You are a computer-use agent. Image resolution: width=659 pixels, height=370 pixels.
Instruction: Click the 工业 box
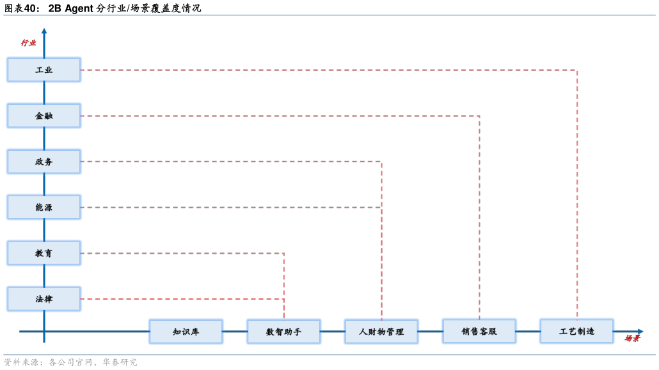point(44,70)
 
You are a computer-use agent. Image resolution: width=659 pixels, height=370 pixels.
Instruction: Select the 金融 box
point(44,116)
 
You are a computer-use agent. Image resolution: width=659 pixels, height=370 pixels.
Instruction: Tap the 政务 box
point(44,162)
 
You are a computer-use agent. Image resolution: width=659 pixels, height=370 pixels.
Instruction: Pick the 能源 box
point(44,207)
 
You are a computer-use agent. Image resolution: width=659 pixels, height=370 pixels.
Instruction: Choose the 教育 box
point(44,253)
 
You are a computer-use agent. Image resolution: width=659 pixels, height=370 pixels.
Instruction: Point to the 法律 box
point(44,299)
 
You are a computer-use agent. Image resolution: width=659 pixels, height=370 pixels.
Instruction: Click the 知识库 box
point(186,332)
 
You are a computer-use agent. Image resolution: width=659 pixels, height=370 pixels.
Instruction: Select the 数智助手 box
point(283,332)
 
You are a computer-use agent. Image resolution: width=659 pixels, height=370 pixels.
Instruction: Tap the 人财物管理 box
point(381,332)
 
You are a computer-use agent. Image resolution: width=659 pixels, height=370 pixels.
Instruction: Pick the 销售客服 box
point(479,332)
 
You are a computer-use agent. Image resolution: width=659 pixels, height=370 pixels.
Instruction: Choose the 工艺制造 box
point(576,331)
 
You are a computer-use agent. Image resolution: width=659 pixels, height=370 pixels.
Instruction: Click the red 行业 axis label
point(28,43)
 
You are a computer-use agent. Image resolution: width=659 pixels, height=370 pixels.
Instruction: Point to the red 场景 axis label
point(632,338)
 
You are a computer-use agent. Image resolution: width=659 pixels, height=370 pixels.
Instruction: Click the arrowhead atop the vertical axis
point(44,30)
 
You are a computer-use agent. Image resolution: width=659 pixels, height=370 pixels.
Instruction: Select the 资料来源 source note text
point(70,362)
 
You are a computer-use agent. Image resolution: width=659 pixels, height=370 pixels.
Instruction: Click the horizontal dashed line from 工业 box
point(320,70)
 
